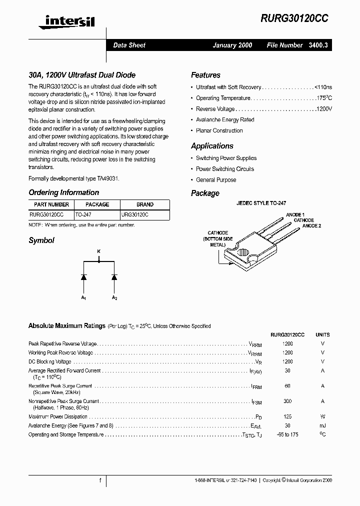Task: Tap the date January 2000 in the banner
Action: click(x=232, y=45)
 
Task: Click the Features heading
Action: click(x=205, y=75)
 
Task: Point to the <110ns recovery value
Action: click(x=323, y=87)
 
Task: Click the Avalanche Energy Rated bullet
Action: click(x=225, y=120)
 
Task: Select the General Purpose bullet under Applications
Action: click(x=216, y=180)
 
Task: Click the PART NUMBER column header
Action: click(x=51, y=204)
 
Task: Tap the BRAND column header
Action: click(x=145, y=204)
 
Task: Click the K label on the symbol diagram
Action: click(x=98, y=251)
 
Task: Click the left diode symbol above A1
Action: click(x=83, y=276)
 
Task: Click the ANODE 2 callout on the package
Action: click(x=311, y=226)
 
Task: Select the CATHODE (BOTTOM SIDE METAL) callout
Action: click(x=217, y=239)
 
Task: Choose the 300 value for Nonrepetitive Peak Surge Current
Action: click(x=287, y=401)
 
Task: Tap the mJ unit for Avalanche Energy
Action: click(x=322, y=425)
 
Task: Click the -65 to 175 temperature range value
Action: click(x=287, y=434)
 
